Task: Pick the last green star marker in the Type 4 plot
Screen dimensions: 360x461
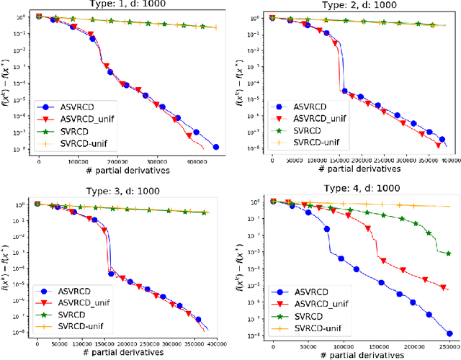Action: (x=449, y=253)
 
